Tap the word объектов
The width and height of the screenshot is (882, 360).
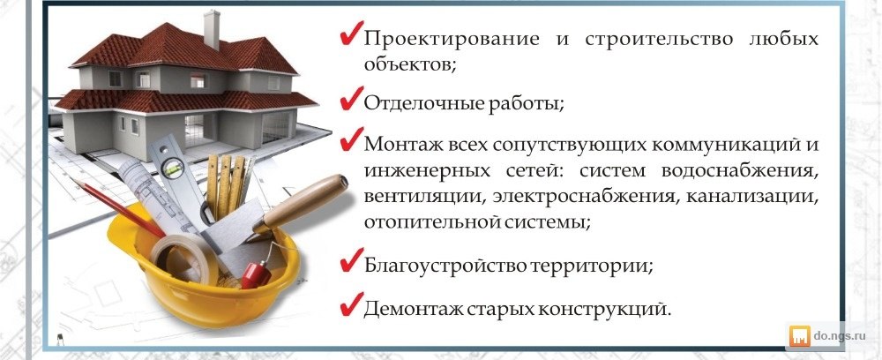coord(409,65)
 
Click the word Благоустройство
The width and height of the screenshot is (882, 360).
coord(444,265)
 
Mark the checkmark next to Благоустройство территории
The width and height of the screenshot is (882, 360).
coord(351,260)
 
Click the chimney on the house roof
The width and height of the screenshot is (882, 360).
coord(212,29)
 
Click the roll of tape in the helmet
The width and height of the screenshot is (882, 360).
coord(184,259)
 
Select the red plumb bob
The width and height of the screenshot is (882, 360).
coord(256,274)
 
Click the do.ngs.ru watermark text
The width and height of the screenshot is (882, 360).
coord(839,336)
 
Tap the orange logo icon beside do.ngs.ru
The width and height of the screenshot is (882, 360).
coord(800,336)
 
